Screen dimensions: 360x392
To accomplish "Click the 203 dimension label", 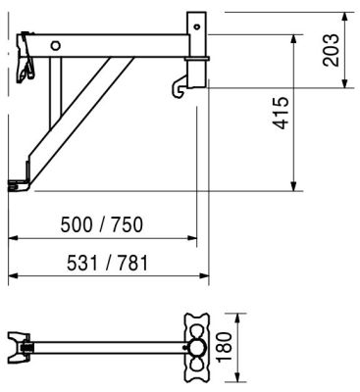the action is click(x=331, y=50).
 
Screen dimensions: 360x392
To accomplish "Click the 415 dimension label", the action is click(x=282, y=113).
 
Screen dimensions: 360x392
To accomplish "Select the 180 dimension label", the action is click(x=225, y=347).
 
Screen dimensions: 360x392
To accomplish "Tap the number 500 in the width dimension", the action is click(x=77, y=224).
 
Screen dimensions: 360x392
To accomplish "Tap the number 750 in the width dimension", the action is click(x=128, y=224).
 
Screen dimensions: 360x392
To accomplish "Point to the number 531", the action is click(x=82, y=263).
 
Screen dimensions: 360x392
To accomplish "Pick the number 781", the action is click(x=132, y=263).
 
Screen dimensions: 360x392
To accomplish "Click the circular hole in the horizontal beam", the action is click(x=56, y=46).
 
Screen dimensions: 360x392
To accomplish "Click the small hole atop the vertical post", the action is click(x=196, y=26).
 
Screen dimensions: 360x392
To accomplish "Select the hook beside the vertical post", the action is click(x=179, y=87).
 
